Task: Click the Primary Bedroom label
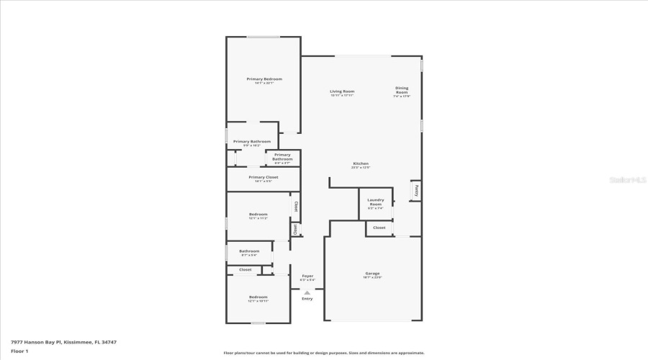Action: [264, 78]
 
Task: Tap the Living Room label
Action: [342, 91]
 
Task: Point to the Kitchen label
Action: [361, 163]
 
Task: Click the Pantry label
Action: [415, 191]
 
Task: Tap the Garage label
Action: [372, 274]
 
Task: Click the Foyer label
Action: [307, 276]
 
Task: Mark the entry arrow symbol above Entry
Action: [307, 292]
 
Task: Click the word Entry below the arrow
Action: [307, 299]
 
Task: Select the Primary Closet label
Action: [263, 177]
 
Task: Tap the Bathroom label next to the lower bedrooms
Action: [249, 251]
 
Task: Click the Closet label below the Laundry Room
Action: [379, 228]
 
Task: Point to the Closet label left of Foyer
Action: [245, 270]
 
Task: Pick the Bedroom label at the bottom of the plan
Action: [258, 297]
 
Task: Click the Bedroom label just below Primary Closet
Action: [258, 214]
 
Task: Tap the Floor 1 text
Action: [19, 351]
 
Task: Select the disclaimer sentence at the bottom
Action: [324, 353]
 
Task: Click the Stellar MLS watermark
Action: [628, 180]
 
